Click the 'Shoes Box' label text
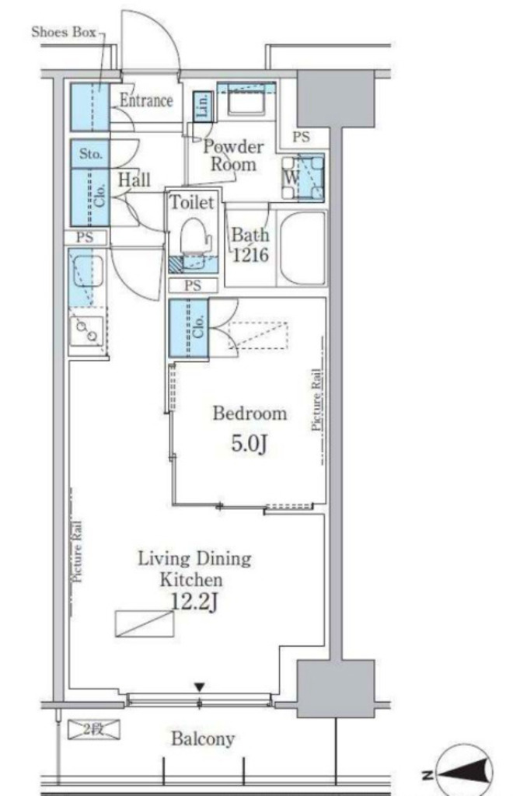coord(64,33)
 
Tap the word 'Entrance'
coord(146,100)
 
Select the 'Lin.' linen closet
coord(202,107)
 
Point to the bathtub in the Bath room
coord(302,248)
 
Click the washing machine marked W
coord(303,178)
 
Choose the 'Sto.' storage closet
coord(90,153)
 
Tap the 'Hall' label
coord(134,180)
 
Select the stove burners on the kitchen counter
coord(87,331)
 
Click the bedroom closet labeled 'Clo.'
coord(189,328)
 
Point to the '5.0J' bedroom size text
coord(250,444)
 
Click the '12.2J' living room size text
coord(194,602)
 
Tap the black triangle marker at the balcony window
coord(200,687)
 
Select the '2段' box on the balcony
coord(94,729)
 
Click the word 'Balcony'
coord(202,738)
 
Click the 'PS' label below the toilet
coord(193,286)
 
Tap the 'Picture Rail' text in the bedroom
coord(316,400)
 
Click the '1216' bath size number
coord(250,254)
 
